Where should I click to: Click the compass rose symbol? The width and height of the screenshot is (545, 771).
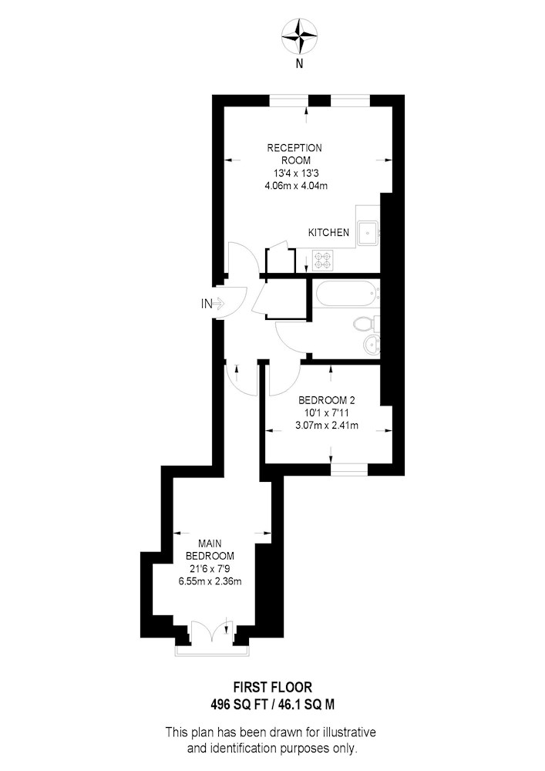pos(299,36)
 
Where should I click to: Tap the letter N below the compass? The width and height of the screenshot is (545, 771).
pos(299,63)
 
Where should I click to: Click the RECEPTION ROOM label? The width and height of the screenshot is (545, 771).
pos(295,154)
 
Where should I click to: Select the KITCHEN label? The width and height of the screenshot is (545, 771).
pos(328,233)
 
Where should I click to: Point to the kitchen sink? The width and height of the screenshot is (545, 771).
pos(368,233)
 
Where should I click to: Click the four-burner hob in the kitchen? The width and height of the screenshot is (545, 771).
pos(323,261)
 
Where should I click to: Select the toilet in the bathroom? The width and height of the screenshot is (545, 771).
pos(366,324)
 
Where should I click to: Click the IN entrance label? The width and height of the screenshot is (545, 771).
pos(207,304)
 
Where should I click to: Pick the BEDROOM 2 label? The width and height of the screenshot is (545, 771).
pos(327,400)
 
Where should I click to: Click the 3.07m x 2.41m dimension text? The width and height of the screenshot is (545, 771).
pos(327,426)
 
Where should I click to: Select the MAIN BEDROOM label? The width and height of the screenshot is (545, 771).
pos(210,550)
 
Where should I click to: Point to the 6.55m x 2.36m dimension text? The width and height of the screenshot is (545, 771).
pos(210,581)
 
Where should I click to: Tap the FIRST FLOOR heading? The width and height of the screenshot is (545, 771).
pos(273,687)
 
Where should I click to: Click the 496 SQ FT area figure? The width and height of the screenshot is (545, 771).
pos(238,705)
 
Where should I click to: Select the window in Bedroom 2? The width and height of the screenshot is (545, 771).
pos(349,470)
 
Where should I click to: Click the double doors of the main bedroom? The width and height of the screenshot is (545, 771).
pos(212,632)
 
